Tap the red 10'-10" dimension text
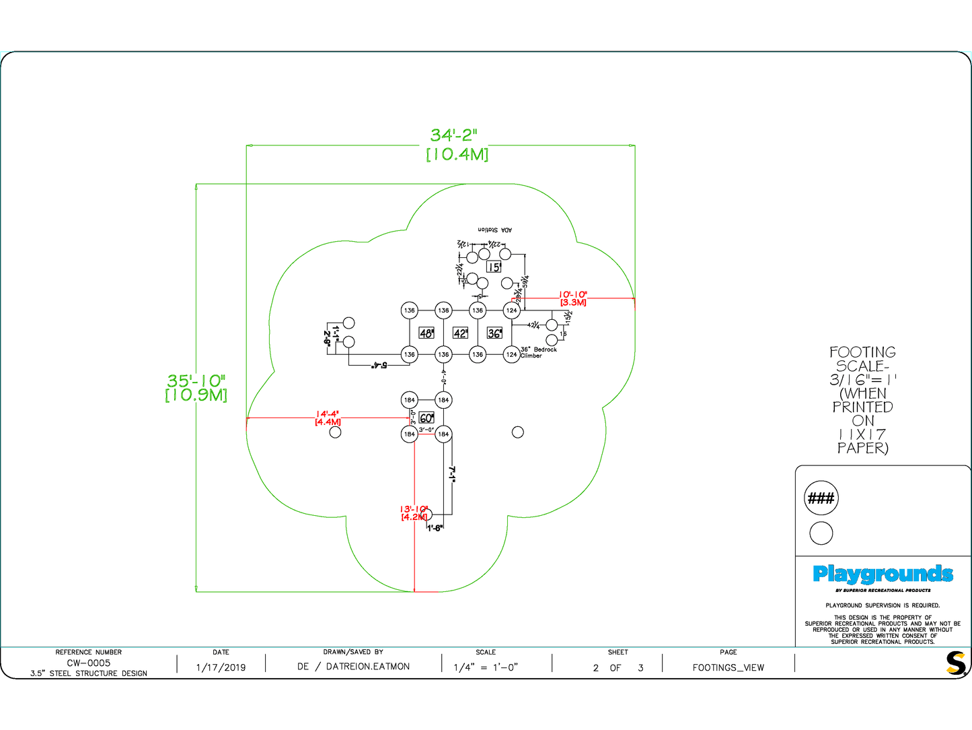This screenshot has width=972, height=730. pos(573,295)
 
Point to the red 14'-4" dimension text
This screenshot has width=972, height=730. pos(328,414)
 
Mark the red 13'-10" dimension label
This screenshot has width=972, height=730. pos(414,509)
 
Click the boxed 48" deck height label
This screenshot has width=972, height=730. pos(426,333)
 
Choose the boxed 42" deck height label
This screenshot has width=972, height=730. pos(460,333)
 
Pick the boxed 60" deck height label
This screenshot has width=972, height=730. pos(426,418)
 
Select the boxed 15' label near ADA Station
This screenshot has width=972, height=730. pos(494,267)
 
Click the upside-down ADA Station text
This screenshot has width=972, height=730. pos(494,230)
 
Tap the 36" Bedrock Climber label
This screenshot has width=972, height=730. pos(538,352)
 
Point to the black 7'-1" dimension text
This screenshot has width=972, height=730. pos(453,474)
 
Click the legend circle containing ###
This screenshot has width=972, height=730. pos(821,498)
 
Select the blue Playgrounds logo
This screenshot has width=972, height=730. pos(883,574)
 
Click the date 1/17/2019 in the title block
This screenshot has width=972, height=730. pos(221,667)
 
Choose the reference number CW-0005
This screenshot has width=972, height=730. pos(88,663)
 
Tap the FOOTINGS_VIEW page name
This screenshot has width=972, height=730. pos(728,667)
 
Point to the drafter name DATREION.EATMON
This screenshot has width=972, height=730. pos(367,667)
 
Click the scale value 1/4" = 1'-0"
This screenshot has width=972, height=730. pos(486,667)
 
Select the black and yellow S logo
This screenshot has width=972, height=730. pos(955,663)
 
